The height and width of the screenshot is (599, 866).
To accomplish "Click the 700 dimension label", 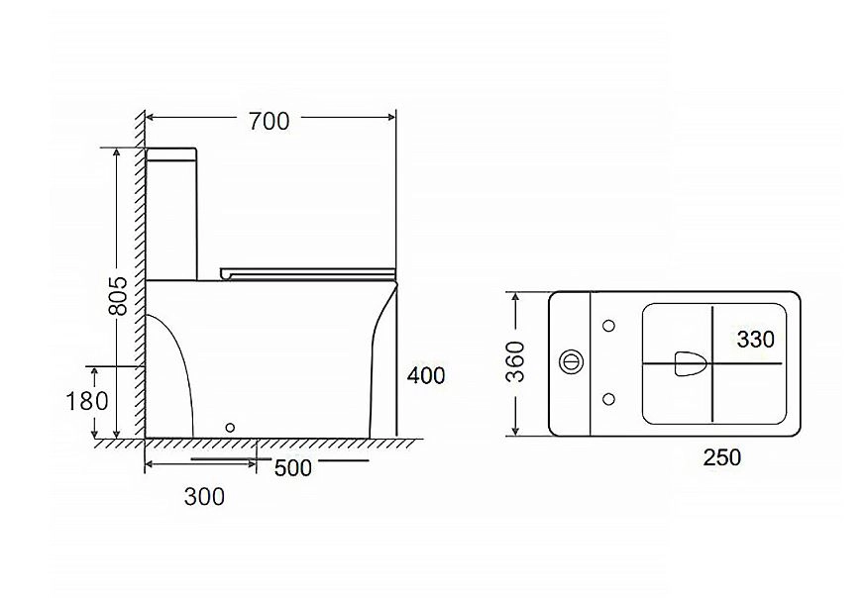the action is [x=269, y=121].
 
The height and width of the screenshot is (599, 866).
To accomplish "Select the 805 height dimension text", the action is [x=118, y=296].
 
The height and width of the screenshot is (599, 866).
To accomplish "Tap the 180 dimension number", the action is [x=87, y=401].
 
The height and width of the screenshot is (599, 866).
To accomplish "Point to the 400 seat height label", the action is [x=426, y=375].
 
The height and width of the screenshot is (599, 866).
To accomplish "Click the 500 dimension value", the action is [x=293, y=467].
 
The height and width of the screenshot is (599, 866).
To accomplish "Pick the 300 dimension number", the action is [x=204, y=497].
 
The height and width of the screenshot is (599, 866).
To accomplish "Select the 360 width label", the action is [x=516, y=361].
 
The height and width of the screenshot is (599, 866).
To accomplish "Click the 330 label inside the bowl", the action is [x=756, y=339].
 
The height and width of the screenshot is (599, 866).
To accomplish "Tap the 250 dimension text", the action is [x=722, y=457].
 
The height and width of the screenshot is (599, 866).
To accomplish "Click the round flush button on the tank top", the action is [x=571, y=362].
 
